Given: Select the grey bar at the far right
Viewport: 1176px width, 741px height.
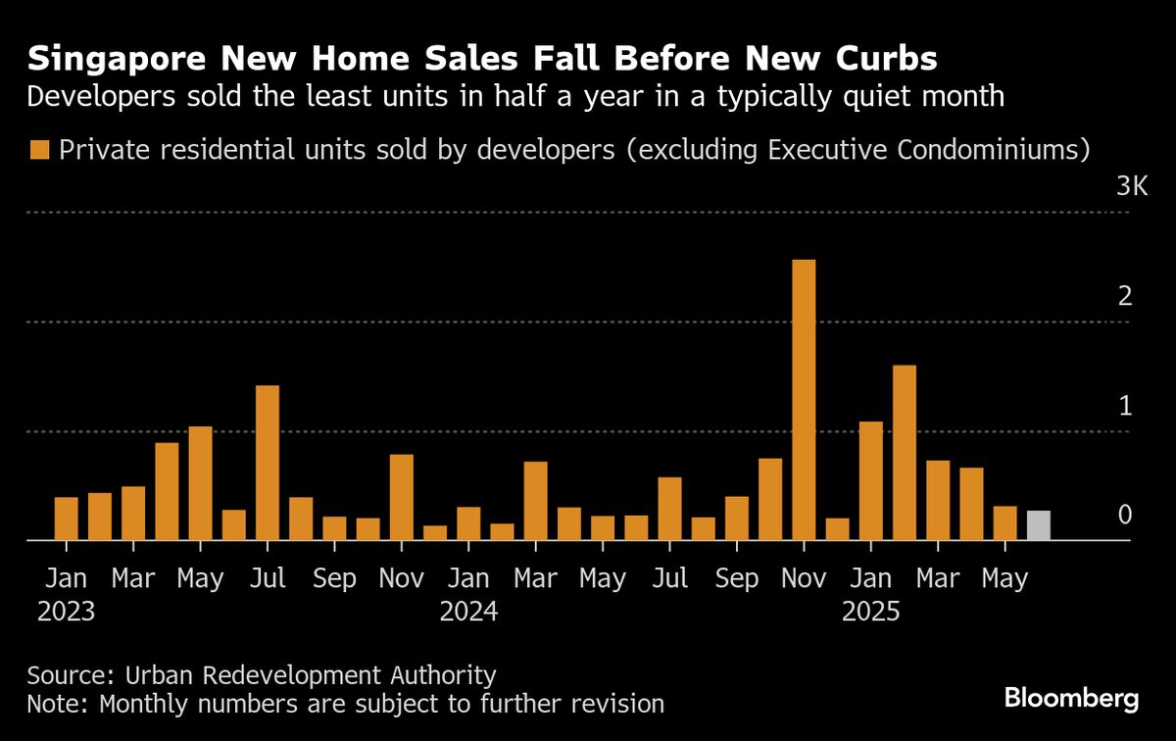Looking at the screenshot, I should pos(1039,525).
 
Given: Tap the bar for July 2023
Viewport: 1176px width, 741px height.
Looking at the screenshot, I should pos(268,463).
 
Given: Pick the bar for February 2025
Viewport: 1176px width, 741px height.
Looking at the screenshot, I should pos(905,453).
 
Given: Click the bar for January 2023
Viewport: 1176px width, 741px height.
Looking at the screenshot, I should pos(67,519).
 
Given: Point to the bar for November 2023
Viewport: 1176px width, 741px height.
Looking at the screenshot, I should pos(402,497).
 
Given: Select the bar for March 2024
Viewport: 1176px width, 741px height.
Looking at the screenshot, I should pos(535,501).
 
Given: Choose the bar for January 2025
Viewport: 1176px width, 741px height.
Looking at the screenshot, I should pos(871,481).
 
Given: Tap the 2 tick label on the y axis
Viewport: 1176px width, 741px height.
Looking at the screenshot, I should pos(1125,296).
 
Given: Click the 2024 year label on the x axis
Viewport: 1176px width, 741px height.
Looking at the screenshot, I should pos(468,613).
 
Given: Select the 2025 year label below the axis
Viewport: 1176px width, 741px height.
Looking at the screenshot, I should pos(871,613).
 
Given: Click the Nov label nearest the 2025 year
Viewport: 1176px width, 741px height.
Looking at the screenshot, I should pos(804,579).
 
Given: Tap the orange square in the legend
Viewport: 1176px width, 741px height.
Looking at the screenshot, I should pos(40,150).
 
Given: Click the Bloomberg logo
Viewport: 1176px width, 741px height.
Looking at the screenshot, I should pos(1071,699).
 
